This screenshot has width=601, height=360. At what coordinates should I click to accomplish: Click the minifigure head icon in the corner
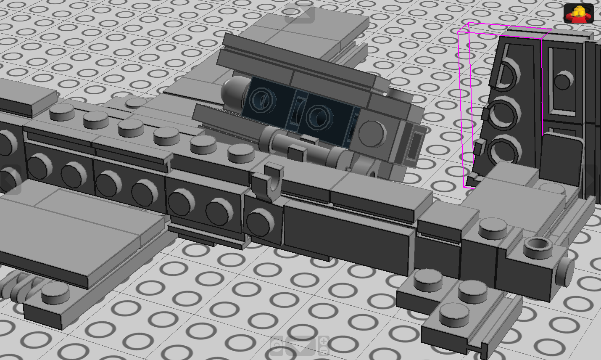click(578, 13)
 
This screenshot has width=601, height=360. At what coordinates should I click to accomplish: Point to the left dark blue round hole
click(263, 101)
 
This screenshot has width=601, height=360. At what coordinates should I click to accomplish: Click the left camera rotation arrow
click(9, 180)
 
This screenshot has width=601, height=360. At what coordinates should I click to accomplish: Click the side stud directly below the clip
click(260, 222)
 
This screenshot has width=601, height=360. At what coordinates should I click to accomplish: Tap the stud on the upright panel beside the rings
click(563, 79)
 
